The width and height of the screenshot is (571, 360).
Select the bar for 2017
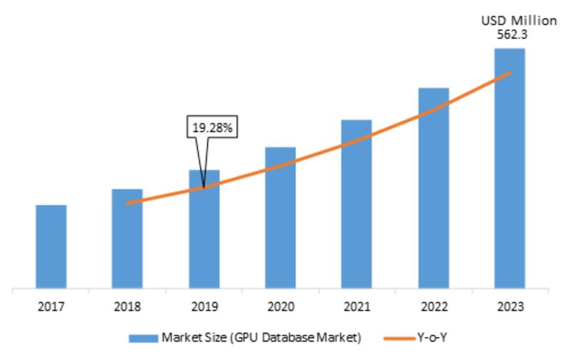tap(51, 248)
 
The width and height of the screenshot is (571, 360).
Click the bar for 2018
tap(127, 240)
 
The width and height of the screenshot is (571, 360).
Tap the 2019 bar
tap(204, 230)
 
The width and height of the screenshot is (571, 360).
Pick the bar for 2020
tap(281, 219)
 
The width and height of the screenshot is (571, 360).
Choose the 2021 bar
tap(356, 205)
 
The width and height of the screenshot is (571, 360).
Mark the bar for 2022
tap(433, 189)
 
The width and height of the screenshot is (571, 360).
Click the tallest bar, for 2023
tap(510, 169)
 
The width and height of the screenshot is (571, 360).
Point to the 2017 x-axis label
tap(51, 307)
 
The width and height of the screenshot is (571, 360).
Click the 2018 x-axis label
tap(128, 307)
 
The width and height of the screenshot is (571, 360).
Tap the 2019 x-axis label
tap(204, 307)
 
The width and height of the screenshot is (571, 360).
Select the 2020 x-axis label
tap(281, 307)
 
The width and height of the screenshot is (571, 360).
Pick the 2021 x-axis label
tap(357, 307)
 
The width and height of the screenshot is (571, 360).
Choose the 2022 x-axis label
tap(433, 307)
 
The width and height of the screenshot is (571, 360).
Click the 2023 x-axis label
tap(510, 307)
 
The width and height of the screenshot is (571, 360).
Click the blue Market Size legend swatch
tap(143, 337)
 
